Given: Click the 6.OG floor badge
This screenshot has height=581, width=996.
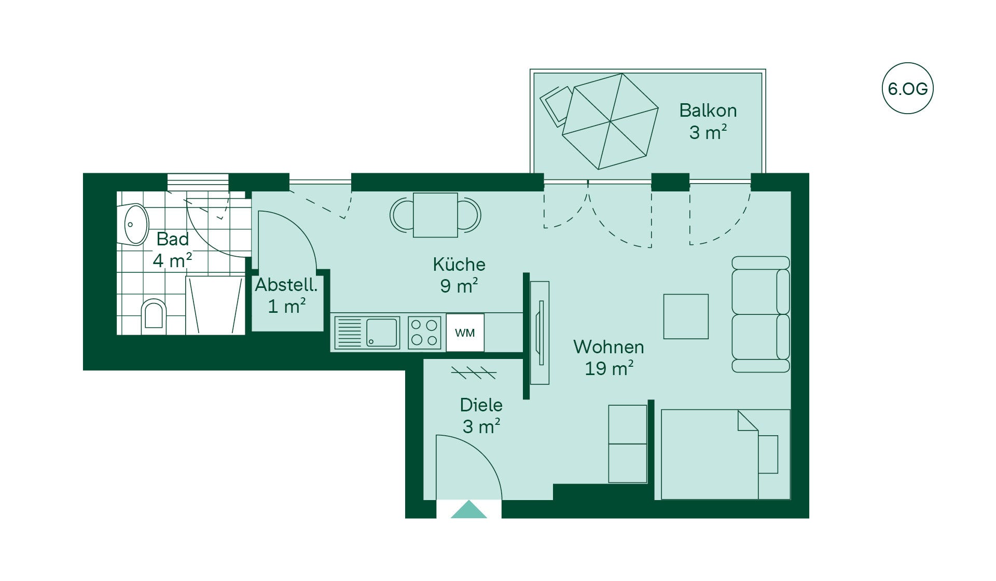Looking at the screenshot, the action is [907, 88].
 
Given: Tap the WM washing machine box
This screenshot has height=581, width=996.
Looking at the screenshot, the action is [465, 333].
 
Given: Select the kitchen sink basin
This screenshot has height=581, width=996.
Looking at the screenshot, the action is [382, 333].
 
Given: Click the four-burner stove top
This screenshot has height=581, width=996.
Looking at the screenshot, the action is [424, 333].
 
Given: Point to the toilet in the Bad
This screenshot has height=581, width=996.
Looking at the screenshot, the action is [154, 316].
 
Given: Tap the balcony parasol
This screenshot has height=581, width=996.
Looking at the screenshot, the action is [611, 121].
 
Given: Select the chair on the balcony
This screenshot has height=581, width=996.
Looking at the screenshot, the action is [556, 106].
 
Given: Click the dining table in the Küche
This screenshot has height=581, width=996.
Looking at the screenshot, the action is [435, 215].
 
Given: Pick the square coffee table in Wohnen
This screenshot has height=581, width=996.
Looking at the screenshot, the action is [686, 316].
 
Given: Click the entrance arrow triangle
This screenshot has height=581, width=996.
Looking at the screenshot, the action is [468, 509].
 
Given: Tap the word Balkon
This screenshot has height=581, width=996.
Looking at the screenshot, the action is [708, 110].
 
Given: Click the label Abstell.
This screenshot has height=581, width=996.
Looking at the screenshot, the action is [286, 285].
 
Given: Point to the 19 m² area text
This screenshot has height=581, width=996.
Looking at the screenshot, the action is [609, 368].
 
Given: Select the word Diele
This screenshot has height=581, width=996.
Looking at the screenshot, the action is [481, 405].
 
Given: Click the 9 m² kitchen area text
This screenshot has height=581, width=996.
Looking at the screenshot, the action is [459, 286].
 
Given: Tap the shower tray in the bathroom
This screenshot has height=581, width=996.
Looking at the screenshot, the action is [215, 306].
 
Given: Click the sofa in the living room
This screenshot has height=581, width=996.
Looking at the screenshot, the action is [760, 314].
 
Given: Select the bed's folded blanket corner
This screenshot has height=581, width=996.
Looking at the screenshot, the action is [748, 421].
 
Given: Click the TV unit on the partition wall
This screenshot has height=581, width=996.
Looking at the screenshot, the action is [540, 333].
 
